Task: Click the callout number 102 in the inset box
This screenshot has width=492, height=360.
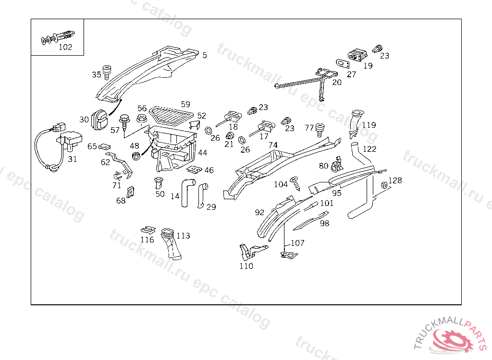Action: (65, 47)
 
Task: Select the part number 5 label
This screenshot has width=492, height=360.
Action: (205, 55)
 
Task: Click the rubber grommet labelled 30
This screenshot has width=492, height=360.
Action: (99, 119)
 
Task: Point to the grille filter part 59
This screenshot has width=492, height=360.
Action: (171, 115)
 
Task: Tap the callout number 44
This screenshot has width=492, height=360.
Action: (203, 153)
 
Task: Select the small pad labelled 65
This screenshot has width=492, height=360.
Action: (107, 146)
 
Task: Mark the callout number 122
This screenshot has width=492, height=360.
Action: (369, 149)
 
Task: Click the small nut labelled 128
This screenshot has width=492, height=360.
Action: (384, 185)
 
